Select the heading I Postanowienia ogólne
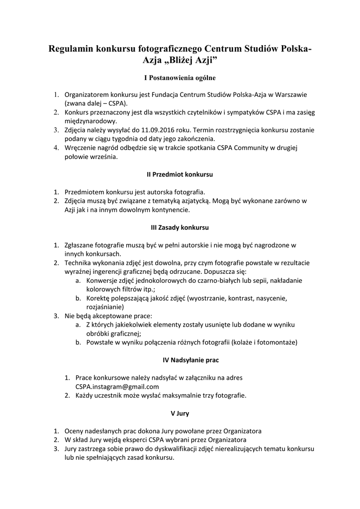click(x=180, y=78)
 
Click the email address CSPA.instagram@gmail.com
click(x=117, y=386)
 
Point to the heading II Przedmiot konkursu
click(x=180, y=175)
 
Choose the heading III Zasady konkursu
click(x=180, y=227)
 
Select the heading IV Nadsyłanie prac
click(x=180, y=359)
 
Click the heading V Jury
click(x=180, y=413)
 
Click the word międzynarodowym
click(x=90, y=121)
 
